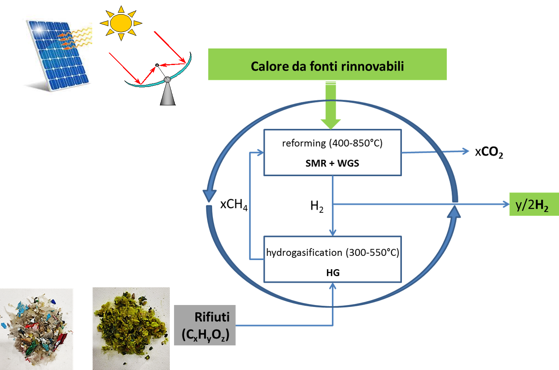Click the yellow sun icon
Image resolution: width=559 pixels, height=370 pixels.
tap(121, 23)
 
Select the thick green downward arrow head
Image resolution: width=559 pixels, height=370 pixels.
tap(331, 124)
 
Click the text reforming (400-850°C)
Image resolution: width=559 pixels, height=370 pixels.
tap(332, 143)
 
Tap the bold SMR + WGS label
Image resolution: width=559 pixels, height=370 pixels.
tap(332, 163)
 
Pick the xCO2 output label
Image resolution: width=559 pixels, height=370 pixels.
tap(489, 152)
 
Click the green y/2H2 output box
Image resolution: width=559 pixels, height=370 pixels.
tap(534, 204)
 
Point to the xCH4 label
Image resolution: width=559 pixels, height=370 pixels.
tap(234, 205)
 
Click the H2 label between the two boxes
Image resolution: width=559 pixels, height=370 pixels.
tap(317, 207)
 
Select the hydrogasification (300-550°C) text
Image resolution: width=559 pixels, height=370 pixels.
tap(333, 253)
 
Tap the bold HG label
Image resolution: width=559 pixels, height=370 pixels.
tap(333, 273)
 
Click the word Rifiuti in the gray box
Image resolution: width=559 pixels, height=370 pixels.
tap(212, 317)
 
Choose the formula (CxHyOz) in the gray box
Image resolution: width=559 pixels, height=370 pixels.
tap(206, 335)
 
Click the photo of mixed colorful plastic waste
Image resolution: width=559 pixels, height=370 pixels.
tap(36, 329)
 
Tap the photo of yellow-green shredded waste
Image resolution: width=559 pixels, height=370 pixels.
tap(131, 328)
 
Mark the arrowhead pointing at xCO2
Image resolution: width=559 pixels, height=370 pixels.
tap(466, 151)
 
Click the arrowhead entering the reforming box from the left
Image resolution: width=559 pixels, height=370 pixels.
tap(260, 152)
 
